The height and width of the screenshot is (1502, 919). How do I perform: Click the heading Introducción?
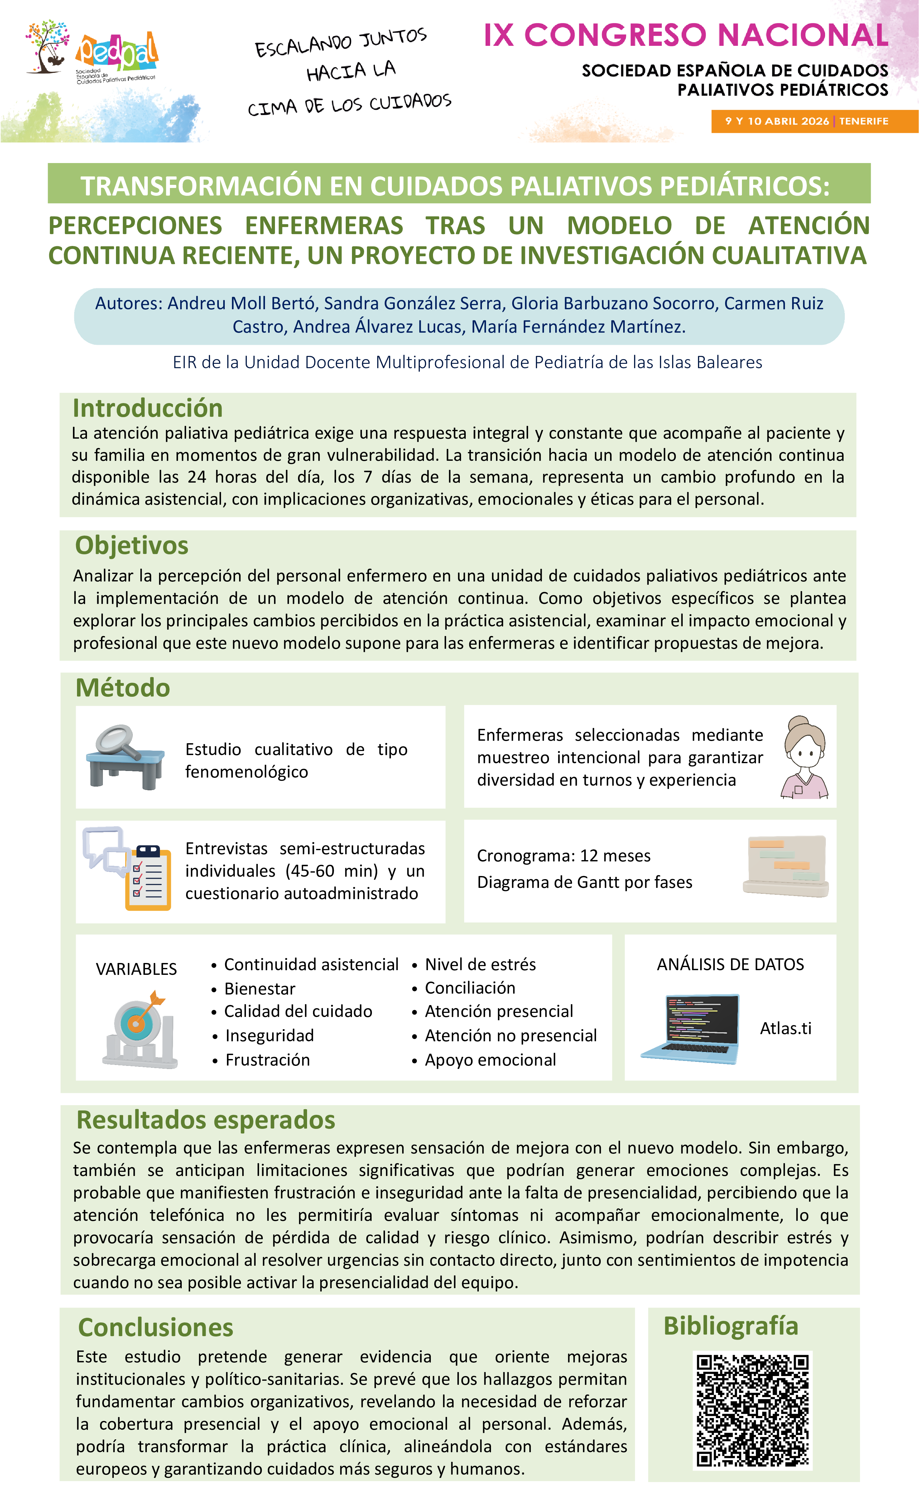147,408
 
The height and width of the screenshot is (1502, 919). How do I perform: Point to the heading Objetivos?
132,545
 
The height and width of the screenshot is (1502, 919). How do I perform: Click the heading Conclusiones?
156,1327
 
